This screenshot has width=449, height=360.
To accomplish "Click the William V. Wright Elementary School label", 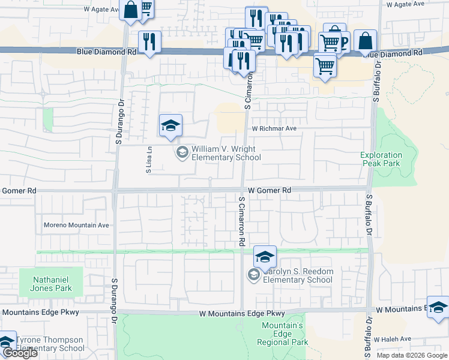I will click(226, 154).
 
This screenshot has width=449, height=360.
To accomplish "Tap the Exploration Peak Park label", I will click(381, 159).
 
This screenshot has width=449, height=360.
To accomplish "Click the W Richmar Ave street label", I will click(274, 128).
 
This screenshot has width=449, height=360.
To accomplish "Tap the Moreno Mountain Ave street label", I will click(76, 226).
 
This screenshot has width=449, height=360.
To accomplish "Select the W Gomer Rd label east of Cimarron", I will click(270, 190).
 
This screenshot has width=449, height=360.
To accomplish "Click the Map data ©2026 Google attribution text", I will click(412, 355).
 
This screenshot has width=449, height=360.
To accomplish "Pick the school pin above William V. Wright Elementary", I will click(170, 125).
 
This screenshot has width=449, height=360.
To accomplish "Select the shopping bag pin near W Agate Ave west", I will click(130, 10).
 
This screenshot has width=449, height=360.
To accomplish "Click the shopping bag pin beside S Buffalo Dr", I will click(364, 41).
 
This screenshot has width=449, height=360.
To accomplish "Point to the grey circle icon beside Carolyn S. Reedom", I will click(253, 275).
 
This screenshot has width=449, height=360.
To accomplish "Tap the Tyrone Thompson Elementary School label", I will click(50, 344).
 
